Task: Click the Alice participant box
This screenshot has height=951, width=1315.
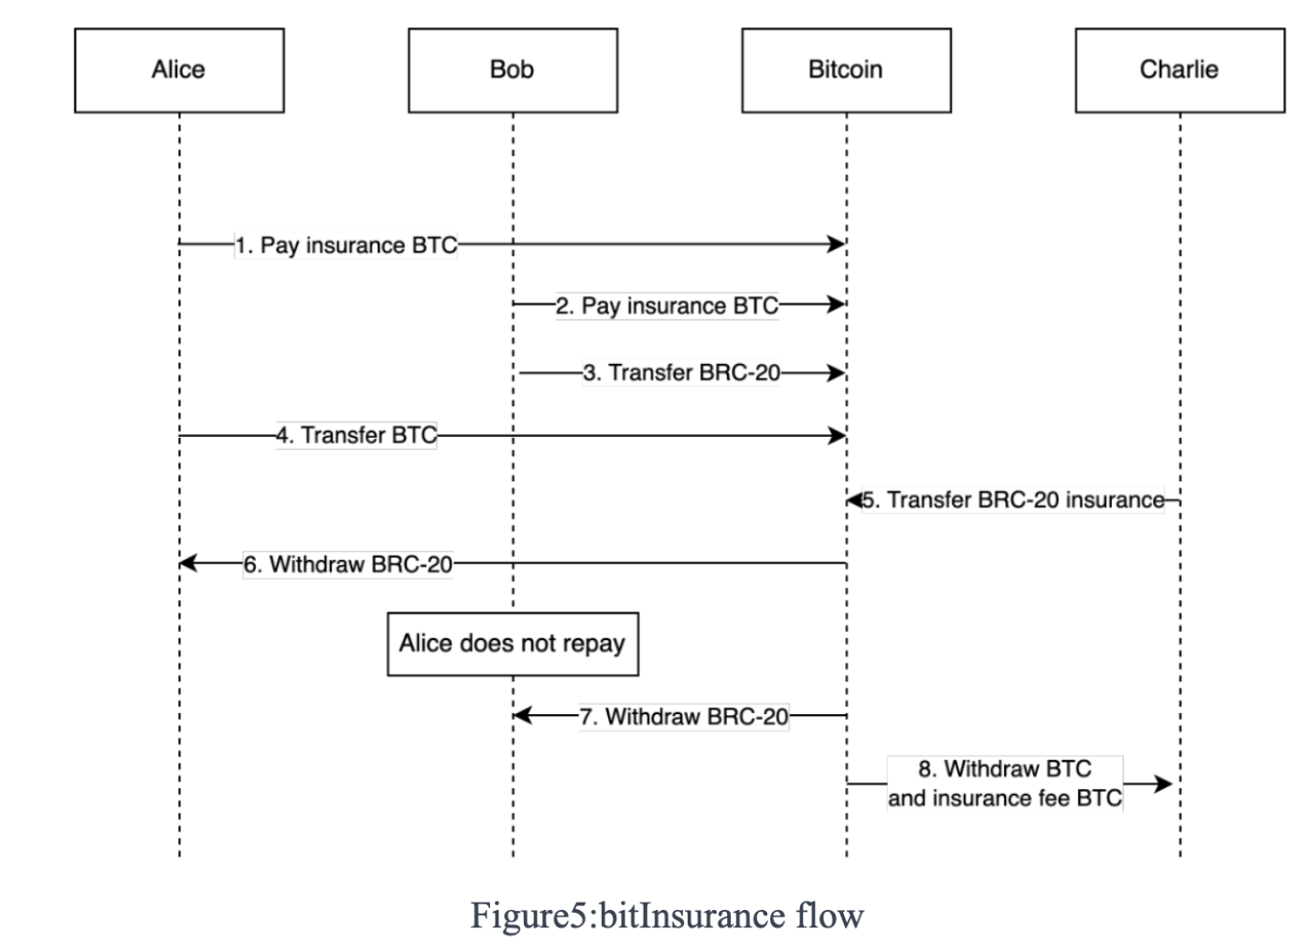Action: pos(179,70)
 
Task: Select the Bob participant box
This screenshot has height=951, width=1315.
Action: pos(512,70)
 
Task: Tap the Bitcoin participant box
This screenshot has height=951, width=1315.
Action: pos(846,70)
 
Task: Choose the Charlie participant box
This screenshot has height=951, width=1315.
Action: pos(1179,70)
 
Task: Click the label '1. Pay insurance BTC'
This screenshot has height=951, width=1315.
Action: pos(346,245)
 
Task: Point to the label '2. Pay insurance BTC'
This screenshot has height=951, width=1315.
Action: pos(667,305)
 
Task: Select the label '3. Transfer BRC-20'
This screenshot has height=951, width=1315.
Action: pos(681,373)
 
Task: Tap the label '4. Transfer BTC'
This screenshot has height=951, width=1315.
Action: pos(357,435)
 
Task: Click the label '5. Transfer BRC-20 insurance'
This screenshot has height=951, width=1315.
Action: pos(1013,500)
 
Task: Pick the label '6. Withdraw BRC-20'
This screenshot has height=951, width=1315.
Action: pos(347,564)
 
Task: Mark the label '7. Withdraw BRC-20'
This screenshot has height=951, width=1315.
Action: pos(683,716)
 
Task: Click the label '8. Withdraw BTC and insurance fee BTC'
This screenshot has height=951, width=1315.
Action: pos(1004,784)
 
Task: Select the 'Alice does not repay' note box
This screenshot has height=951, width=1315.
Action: pos(512,644)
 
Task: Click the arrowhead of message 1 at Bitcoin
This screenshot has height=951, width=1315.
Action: pos(836,244)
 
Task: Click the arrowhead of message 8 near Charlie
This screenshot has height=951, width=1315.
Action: pos(1162,784)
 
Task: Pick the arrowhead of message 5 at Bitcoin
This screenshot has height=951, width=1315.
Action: pos(854,500)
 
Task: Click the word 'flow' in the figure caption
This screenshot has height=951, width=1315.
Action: pos(829,915)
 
